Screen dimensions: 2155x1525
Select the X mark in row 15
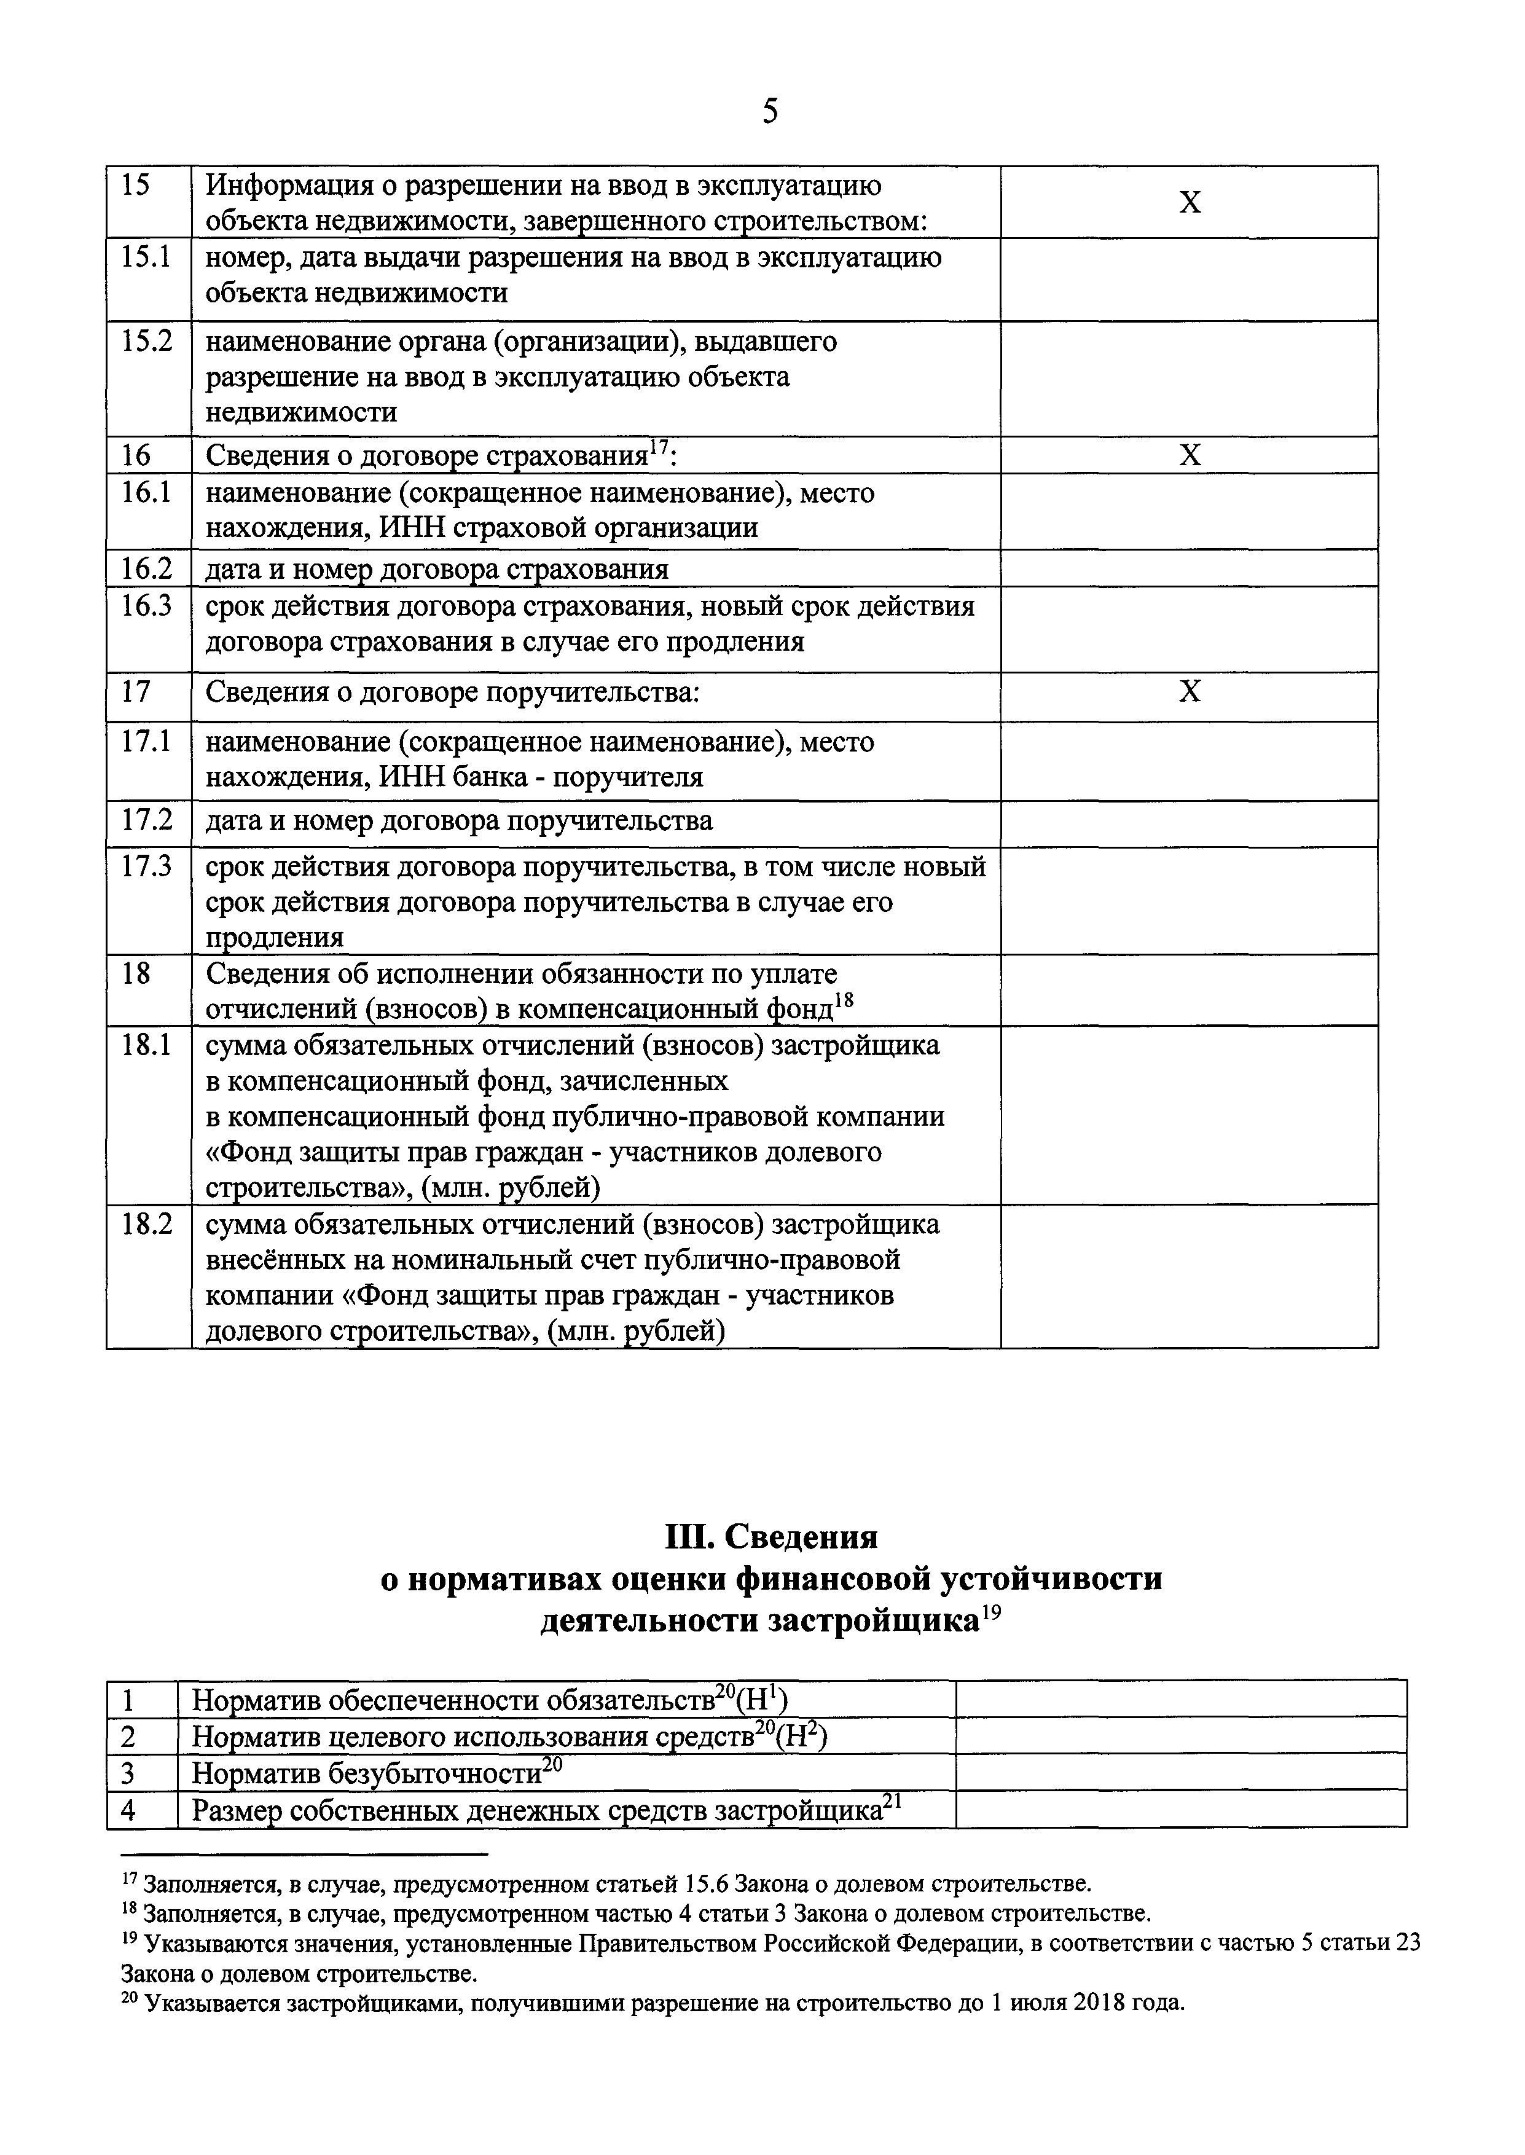[x=1189, y=203]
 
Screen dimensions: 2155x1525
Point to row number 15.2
[x=146, y=342]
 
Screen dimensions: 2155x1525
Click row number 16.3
[x=146, y=606]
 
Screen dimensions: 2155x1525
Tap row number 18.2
[x=146, y=1225]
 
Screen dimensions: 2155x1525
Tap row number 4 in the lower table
[x=128, y=1810]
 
